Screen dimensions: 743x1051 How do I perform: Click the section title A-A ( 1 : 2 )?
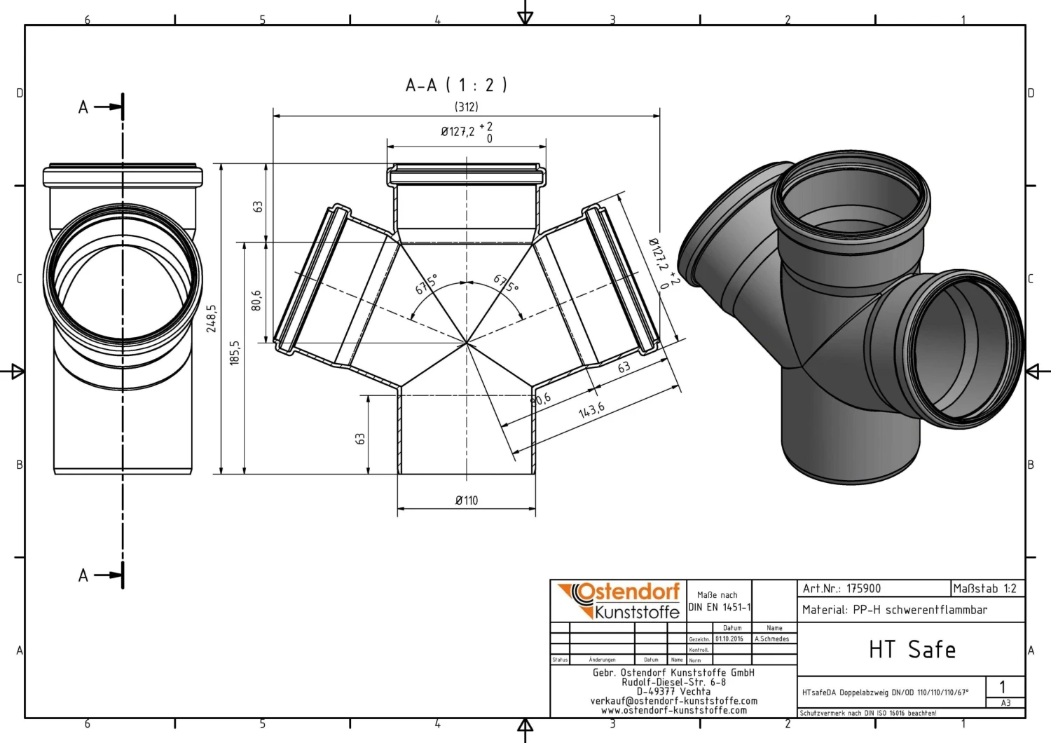pos(456,86)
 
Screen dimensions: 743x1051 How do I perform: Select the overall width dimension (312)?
pos(467,107)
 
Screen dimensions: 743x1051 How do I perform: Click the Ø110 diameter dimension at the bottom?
pos(467,500)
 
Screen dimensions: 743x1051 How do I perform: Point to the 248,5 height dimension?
pos(212,318)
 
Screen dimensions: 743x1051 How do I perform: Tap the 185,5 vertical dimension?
pos(235,353)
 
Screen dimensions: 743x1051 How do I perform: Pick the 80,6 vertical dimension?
pos(256,300)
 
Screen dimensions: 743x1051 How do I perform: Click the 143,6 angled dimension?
pos(591,410)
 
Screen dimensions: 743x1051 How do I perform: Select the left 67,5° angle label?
pos(426,284)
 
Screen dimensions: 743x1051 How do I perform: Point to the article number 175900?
pos(863,589)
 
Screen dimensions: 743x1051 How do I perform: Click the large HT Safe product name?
pos(912,650)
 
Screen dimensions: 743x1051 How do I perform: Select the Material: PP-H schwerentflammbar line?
pos(895,610)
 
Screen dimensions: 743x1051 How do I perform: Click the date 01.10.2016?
pos(729,639)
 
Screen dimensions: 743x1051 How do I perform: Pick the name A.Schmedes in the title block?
pos(771,639)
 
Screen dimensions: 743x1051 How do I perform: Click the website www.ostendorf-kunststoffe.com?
pos(674,710)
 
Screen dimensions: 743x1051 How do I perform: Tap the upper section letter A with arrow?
pos(83,107)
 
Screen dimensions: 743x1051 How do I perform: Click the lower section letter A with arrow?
pos(83,575)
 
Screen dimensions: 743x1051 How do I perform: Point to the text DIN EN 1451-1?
pos(720,608)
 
